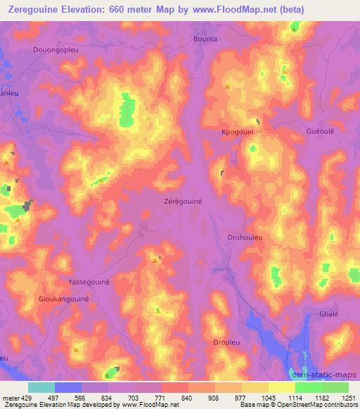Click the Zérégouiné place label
point(183,201)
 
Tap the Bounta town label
point(205,39)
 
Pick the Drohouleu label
point(245,238)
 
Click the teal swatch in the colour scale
point(41,387)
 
